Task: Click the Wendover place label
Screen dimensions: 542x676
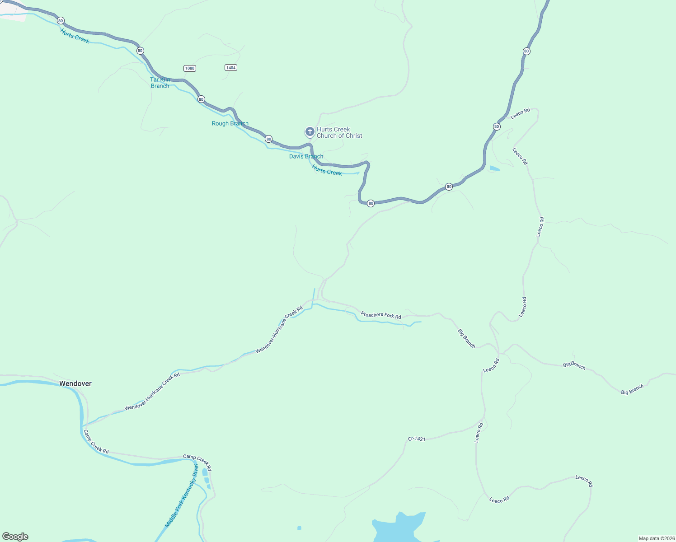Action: click(75, 383)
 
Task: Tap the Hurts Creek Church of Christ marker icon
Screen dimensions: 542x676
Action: click(310, 132)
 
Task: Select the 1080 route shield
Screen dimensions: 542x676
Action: click(190, 68)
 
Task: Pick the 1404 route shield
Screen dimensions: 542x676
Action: click(230, 67)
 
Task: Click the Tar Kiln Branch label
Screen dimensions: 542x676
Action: click(160, 83)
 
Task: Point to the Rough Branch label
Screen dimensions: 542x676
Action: click(230, 123)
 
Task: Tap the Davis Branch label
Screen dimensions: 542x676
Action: click(306, 156)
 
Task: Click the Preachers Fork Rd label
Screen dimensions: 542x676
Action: click(380, 315)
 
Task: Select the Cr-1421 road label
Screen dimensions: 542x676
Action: click(416, 439)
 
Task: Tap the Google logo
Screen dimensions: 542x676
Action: click(15, 536)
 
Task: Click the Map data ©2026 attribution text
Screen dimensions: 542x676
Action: click(656, 538)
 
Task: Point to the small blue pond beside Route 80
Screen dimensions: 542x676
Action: click(495, 169)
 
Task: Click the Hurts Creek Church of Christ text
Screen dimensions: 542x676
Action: click(339, 132)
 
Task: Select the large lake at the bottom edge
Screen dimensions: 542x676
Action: click(398, 528)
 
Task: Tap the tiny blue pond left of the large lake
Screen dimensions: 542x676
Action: click(299, 528)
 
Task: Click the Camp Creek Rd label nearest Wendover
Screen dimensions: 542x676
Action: click(96, 442)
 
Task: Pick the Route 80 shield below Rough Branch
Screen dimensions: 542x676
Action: click(269, 139)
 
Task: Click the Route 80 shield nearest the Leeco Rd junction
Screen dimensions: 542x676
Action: click(497, 126)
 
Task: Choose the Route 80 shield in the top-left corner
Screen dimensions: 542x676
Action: click(61, 21)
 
